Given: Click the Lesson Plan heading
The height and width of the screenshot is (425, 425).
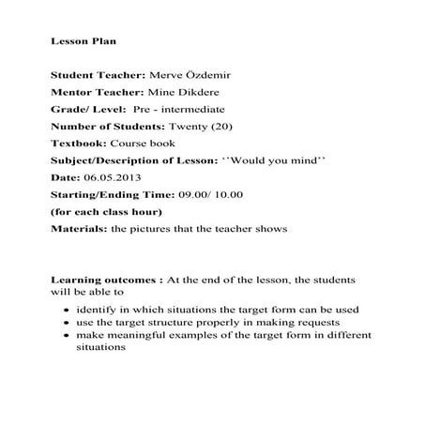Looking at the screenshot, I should click(x=83, y=42).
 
